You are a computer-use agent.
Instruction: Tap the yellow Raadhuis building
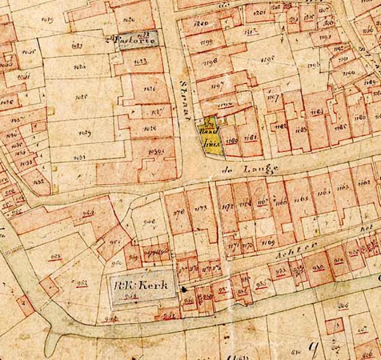211,134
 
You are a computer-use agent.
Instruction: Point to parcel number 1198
210,62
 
